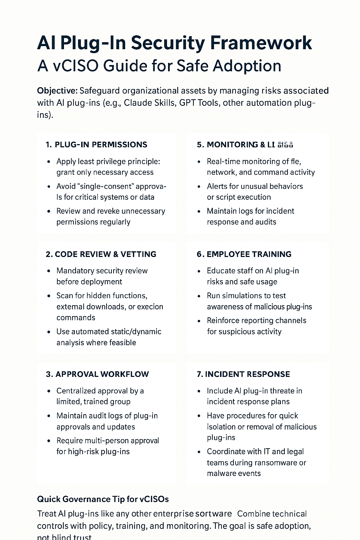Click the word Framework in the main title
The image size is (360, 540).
tap(261, 43)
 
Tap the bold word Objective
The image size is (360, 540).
tap(57, 91)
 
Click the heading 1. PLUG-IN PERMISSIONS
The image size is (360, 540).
tap(96, 144)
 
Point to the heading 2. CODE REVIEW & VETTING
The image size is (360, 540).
tap(101, 254)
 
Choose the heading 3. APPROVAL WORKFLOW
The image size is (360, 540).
tap(97, 374)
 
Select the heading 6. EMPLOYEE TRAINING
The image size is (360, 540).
tap(244, 254)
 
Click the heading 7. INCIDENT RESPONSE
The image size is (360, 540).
tap(243, 374)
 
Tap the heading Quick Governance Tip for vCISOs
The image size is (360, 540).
tap(103, 499)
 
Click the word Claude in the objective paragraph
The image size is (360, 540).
tap(136, 103)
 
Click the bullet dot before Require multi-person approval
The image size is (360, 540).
tap(49, 441)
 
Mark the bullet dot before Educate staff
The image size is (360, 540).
tap(199, 271)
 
